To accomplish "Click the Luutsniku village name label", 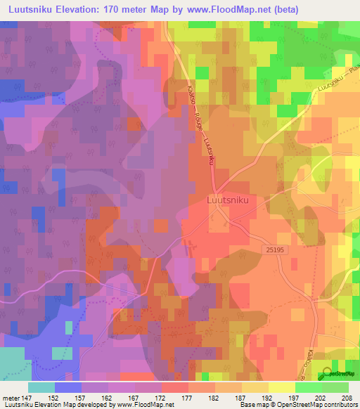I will tap(229, 200).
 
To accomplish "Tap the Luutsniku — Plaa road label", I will tap(335, 82).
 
